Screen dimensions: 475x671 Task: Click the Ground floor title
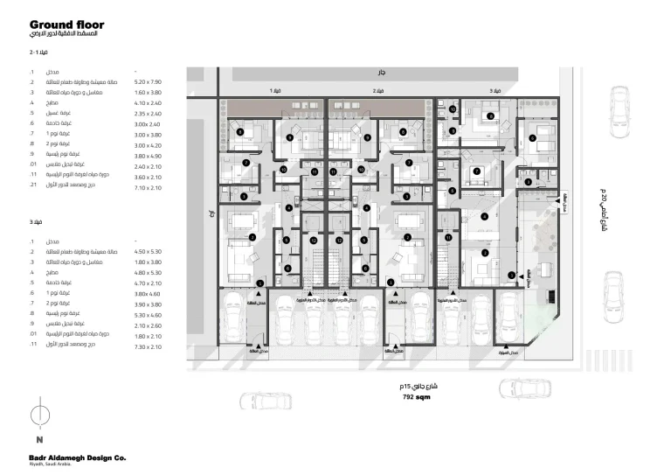click(65, 25)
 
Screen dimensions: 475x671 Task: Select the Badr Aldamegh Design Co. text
click(76, 457)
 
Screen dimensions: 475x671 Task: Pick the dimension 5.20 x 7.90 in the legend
click(149, 81)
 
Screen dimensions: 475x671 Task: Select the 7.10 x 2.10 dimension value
click(149, 187)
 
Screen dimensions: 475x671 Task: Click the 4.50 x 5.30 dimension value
click(149, 251)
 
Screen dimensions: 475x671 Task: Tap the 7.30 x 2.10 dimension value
click(149, 347)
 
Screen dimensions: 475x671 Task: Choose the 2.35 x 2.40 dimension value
click(149, 114)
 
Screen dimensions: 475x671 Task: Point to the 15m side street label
click(412, 385)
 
